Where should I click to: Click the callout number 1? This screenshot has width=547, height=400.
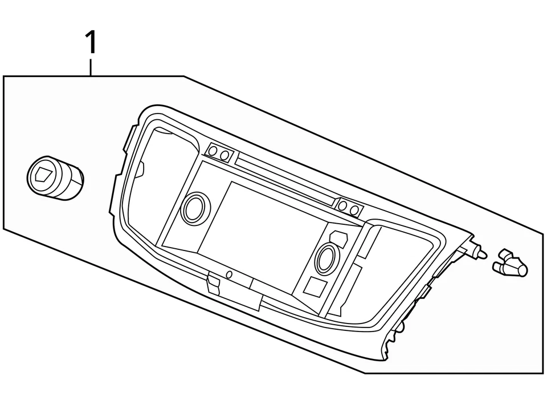[x=91, y=43]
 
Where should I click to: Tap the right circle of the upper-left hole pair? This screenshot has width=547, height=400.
[x=226, y=155]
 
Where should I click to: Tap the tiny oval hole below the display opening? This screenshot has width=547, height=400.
[x=229, y=274]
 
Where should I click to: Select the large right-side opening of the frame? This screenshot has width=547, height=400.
[x=393, y=257]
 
